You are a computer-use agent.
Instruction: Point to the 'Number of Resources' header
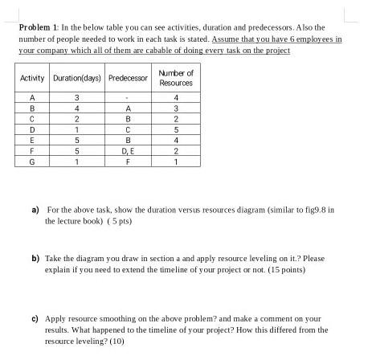[x=175, y=78]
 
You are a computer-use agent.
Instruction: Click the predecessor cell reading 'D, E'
[x=128, y=150]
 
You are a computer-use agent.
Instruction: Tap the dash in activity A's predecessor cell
[x=128, y=99]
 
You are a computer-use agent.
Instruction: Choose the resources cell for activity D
[x=175, y=129]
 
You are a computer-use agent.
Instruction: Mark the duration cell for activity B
[x=76, y=109]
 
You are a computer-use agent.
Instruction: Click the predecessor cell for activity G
[x=128, y=161]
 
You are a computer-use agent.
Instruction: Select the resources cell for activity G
[x=175, y=161]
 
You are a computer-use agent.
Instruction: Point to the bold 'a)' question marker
[x=35, y=209]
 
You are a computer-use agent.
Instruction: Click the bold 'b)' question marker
[x=35, y=259]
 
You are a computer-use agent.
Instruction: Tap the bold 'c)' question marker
[x=35, y=318]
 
